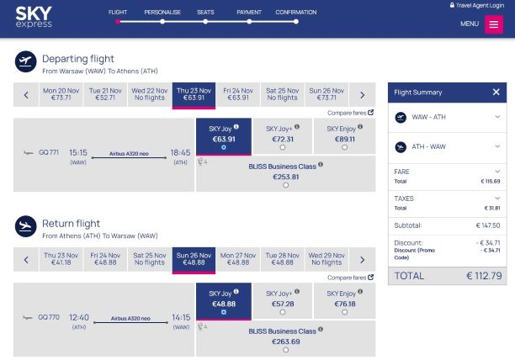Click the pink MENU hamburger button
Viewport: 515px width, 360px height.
pos(494,24)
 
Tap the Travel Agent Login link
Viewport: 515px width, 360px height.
pos(477,5)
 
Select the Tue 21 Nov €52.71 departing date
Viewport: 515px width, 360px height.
pos(105,94)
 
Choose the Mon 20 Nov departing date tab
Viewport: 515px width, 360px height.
pos(61,94)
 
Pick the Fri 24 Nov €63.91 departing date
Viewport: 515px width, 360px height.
pos(238,94)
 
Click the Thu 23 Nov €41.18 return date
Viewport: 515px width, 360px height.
pos(61,259)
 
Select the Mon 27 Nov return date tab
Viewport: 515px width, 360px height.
pos(238,259)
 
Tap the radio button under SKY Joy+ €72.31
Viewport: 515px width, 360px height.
pos(283,147)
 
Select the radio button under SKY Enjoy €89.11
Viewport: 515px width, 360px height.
pos(344,147)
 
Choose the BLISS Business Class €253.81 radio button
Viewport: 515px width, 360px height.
pos(286,185)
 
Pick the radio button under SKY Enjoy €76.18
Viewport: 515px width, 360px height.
pos(344,312)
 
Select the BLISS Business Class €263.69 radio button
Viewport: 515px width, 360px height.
pos(286,350)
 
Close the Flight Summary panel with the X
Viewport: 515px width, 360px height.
pos(496,93)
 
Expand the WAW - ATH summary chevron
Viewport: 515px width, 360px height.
pos(497,117)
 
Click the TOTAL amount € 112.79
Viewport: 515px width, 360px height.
pos(484,276)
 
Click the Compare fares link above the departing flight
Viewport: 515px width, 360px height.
pos(350,113)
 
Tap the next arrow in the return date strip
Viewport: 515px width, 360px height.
pos(363,260)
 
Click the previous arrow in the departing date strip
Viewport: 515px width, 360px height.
pos(26,95)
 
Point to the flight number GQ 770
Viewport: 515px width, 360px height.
pos(49,317)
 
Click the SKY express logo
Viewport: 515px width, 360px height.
pos(34,17)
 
